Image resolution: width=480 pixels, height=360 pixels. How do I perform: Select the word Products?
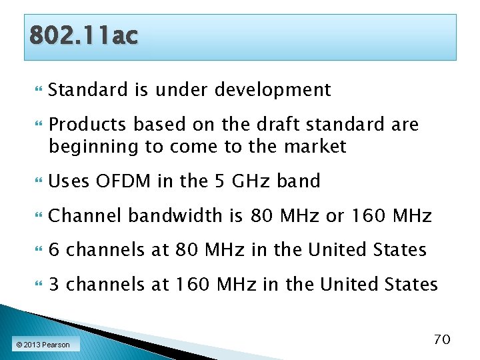(x=87, y=125)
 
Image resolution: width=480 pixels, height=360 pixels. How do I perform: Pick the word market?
(x=317, y=147)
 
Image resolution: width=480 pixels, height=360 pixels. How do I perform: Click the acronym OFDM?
(x=125, y=181)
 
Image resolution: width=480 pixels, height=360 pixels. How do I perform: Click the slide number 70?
(x=442, y=339)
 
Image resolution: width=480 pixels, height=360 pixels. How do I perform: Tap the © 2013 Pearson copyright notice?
(x=43, y=345)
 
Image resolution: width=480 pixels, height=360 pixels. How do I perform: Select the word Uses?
(x=69, y=181)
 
